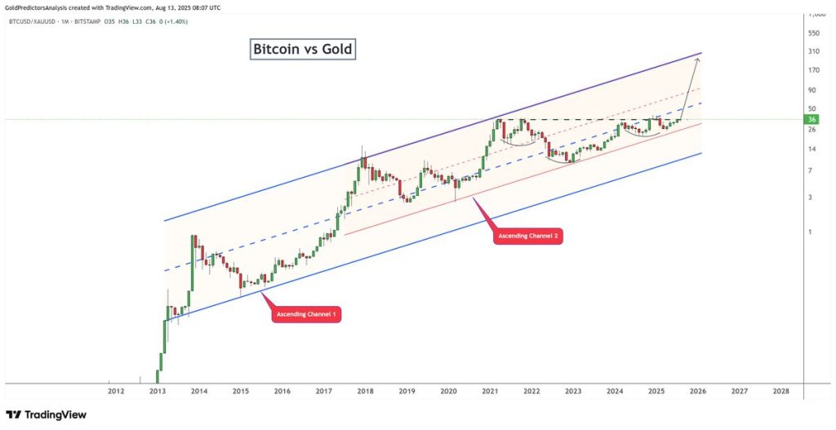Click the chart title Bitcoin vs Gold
[302, 50]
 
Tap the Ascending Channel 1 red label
[306, 314]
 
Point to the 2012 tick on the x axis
[116, 392]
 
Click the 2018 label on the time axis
[365, 392]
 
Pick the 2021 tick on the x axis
[490, 392]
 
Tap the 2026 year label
[697, 392]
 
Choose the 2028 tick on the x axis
[780, 392]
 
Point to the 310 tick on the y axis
[813, 51]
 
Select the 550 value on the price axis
[813, 33]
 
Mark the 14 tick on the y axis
[812, 149]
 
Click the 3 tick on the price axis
[810, 197]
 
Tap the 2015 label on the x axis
[240, 392]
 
